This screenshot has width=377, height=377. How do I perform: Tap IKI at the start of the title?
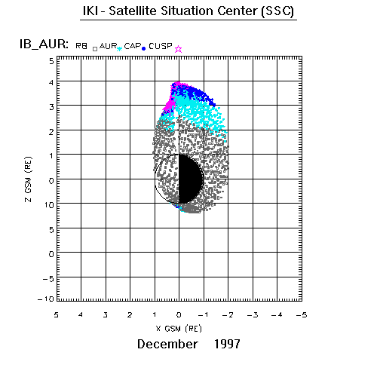click(90, 11)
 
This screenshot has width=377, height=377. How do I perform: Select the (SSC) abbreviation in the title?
click(277, 11)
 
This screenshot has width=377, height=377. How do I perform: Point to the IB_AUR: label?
click(44, 44)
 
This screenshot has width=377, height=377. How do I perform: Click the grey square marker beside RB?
click(95, 49)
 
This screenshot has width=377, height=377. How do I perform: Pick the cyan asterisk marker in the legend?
click(119, 49)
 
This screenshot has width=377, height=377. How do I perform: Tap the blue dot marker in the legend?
click(144, 49)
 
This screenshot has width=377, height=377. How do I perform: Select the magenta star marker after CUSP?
click(178, 49)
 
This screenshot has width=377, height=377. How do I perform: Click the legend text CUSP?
click(161, 46)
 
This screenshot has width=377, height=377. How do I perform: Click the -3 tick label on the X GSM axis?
click(253, 315)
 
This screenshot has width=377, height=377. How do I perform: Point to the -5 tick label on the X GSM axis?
click(302, 315)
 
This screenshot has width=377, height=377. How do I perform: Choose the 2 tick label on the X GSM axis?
click(130, 315)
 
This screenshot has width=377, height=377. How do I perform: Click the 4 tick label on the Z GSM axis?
click(51, 82)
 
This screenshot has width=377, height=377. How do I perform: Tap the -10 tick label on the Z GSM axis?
click(46, 299)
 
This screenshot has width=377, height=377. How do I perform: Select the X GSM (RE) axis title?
click(179, 329)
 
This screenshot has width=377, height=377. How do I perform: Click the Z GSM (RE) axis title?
click(29, 179)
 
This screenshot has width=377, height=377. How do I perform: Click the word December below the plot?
click(167, 344)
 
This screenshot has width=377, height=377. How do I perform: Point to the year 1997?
click(227, 344)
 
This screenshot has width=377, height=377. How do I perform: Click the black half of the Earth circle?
click(190, 179)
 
